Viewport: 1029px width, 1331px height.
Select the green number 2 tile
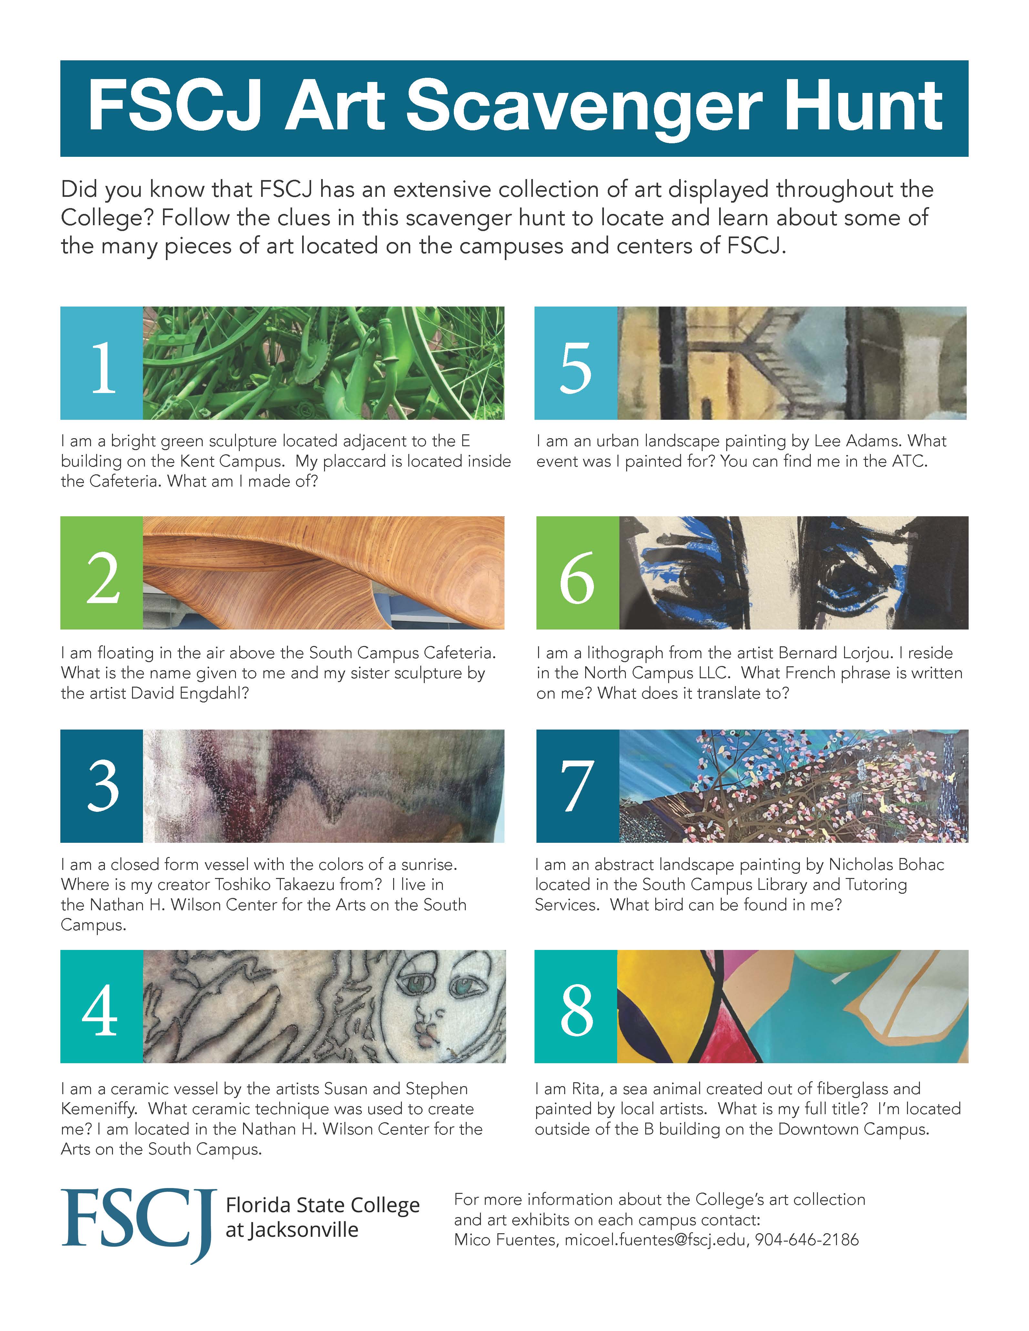click(x=101, y=573)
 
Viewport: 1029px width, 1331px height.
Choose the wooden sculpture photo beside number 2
click(x=324, y=573)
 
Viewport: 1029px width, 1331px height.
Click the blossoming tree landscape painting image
click(x=794, y=786)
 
